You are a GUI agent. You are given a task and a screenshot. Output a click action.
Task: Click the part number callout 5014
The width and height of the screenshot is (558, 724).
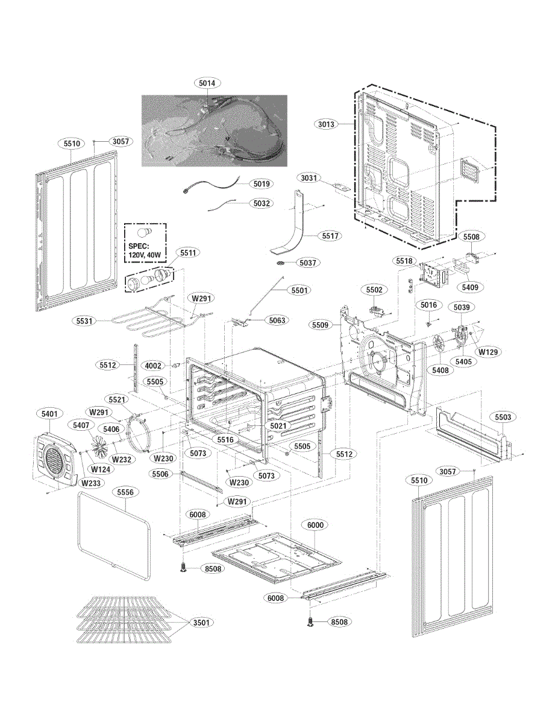click(207, 83)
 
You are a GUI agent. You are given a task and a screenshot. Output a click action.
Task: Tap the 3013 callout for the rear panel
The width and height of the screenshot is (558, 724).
click(326, 124)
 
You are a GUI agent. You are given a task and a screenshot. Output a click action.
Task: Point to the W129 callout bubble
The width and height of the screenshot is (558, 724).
click(488, 352)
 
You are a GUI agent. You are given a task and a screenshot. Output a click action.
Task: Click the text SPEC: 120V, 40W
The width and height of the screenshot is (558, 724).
click(145, 251)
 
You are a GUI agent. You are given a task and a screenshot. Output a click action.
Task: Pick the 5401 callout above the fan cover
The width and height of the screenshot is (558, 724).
click(49, 414)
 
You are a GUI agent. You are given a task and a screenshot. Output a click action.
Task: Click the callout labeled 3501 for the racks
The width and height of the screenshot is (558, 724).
click(202, 622)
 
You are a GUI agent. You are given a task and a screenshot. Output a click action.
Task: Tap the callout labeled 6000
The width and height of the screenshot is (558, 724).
click(315, 525)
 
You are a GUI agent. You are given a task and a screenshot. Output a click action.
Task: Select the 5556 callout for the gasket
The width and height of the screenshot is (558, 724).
click(125, 492)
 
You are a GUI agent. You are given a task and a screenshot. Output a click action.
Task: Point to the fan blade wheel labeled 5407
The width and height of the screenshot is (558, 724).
click(99, 445)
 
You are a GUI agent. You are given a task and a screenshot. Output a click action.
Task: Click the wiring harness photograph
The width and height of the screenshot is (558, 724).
click(215, 130)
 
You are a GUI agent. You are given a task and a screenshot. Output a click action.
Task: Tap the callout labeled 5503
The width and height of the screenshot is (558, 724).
click(503, 417)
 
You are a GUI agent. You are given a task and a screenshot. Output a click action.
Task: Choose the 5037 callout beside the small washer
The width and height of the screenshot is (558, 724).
click(308, 262)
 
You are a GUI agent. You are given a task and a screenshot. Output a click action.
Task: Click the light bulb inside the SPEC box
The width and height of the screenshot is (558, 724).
click(145, 233)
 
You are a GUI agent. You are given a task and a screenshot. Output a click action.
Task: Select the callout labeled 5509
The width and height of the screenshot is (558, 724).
click(321, 325)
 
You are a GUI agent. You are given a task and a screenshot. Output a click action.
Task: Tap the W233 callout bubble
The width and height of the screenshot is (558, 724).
click(91, 483)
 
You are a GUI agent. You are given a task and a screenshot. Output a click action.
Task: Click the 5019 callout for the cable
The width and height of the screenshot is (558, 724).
click(262, 183)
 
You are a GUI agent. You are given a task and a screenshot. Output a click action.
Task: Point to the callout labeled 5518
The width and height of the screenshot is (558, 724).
click(404, 261)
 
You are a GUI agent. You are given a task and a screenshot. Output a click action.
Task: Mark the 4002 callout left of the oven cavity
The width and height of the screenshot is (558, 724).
click(153, 366)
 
